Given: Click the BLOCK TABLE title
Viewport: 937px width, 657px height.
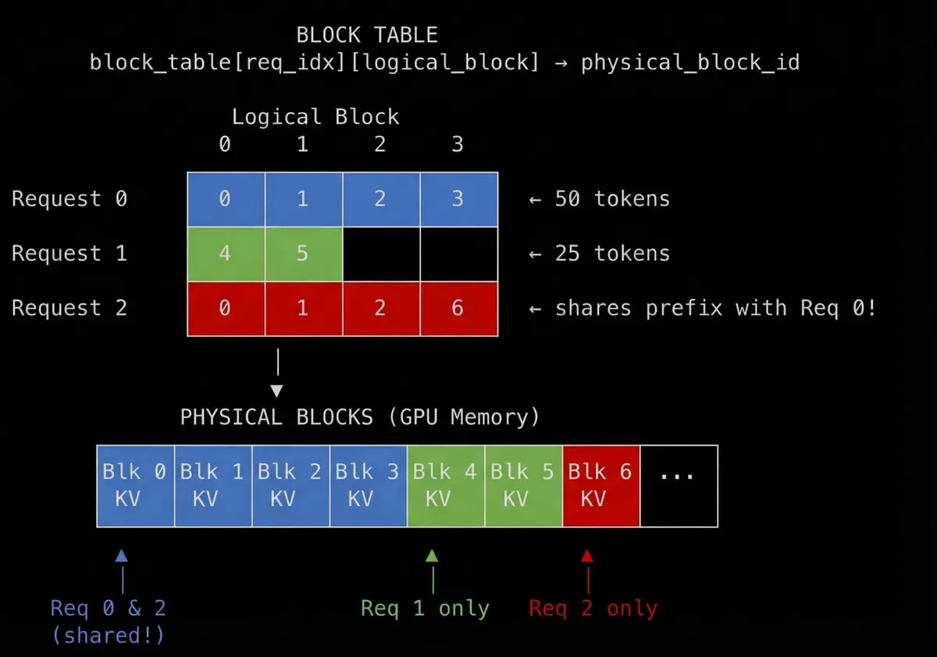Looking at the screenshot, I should (x=366, y=35).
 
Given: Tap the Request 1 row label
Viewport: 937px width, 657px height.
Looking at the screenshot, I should (x=69, y=253).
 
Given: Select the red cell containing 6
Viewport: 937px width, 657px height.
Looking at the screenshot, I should (x=458, y=308).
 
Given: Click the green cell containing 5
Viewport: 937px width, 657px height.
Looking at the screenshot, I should (x=303, y=253).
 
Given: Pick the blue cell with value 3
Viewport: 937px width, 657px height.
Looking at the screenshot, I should (x=458, y=198).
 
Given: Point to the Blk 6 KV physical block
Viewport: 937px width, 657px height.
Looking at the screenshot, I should (x=600, y=485).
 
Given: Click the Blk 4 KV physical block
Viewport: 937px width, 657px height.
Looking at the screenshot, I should (x=445, y=485).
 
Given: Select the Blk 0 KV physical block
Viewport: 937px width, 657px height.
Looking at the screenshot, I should (x=134, y=485).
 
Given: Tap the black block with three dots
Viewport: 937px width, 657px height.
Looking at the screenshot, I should (x=678, y=485).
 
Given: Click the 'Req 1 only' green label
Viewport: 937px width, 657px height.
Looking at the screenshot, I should (x=425, y=609).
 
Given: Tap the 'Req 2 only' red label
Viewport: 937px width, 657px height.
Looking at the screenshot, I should (x=593, y=609).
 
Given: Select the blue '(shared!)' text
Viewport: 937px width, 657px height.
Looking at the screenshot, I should (x=108, y=635).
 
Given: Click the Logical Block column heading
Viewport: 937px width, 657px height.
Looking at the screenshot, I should (x=315, y=117).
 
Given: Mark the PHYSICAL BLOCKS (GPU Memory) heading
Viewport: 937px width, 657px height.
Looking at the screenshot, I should (x=360, y=417).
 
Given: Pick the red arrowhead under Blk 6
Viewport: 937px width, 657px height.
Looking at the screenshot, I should (x=587, y=556).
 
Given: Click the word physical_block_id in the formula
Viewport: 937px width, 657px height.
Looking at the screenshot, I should (x=690, y=62).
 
